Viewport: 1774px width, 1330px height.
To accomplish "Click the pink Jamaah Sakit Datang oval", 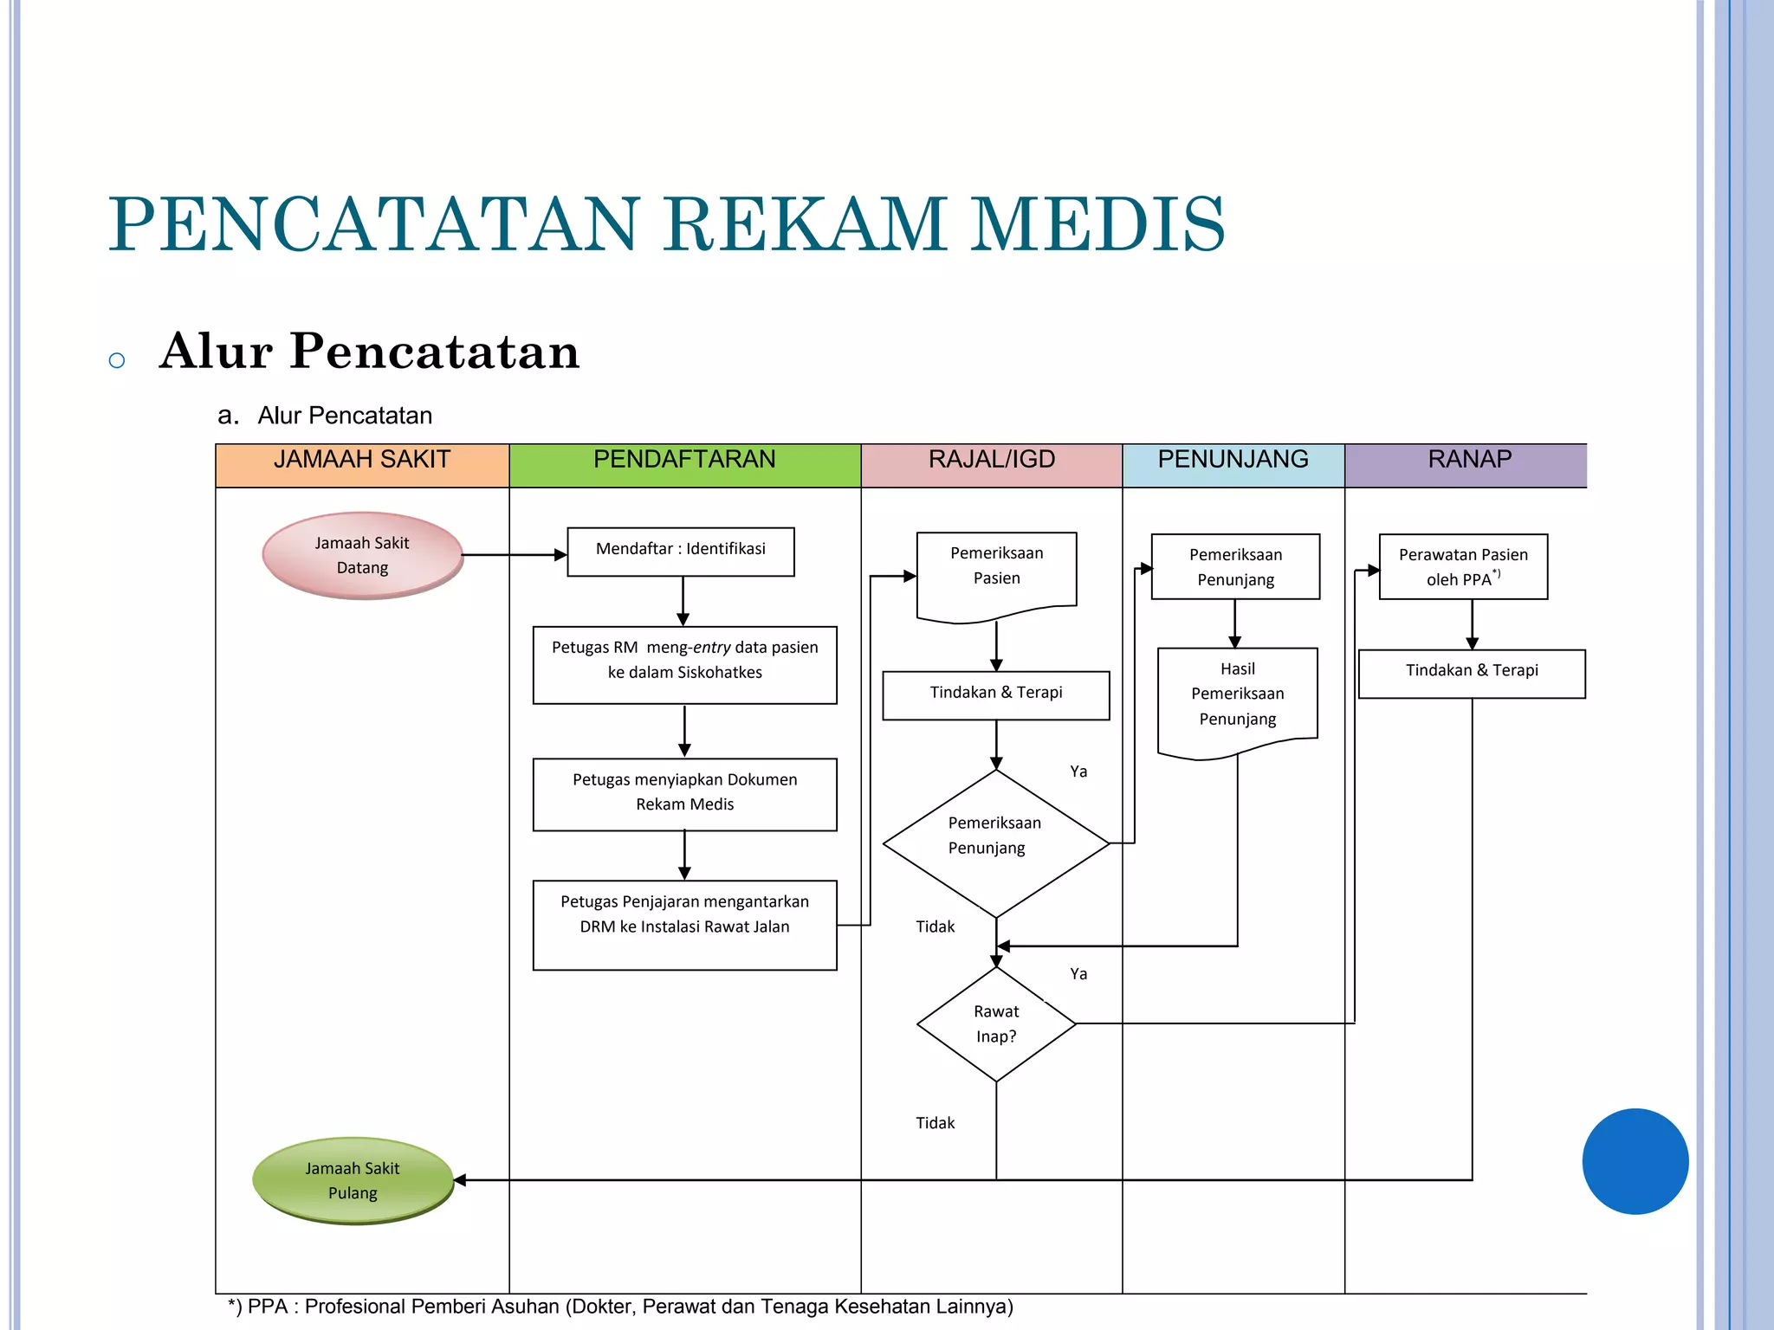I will (x=362, y=555).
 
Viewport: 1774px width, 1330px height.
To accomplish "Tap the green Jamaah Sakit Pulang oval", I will (x=353, y=1180).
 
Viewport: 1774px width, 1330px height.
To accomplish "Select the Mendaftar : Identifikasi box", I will (x=681, y=552).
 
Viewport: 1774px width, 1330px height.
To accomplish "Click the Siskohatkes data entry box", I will (x=684, y=664).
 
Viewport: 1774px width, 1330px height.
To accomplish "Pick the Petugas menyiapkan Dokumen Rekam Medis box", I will (x=684, y=794).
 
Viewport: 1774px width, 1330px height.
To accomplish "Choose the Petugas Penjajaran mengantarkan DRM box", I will (x=684, y=924).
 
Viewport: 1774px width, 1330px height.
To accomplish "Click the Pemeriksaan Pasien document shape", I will (x=996, y=571).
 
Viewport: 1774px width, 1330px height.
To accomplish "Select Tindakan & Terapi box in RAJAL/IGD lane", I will (x=996, y=694).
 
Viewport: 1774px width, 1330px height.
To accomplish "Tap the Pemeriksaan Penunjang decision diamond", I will (x=996, y=843).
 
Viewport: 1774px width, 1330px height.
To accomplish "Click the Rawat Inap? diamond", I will (x=996, y=1023).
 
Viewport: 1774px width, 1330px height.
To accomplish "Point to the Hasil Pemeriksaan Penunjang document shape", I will (x=1237, y=698).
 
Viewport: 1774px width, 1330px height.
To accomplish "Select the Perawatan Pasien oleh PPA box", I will (x=1463, y=566).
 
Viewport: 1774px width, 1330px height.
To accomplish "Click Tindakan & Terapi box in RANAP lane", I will (x=1472, y=673).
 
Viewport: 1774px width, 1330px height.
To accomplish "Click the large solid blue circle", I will (x=1635, y=1161).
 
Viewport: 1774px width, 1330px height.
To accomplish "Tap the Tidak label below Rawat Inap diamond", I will (x=935, y=1123).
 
